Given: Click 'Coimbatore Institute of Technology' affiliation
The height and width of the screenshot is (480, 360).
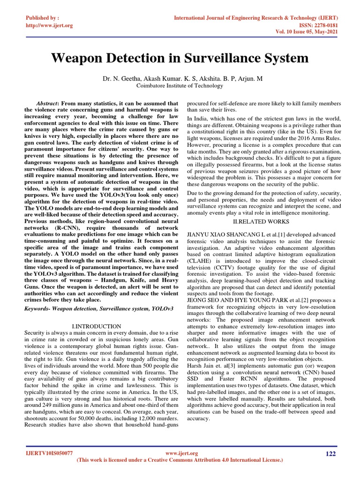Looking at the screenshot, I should click(180, 86).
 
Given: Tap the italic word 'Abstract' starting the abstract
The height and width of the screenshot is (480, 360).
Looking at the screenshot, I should click(47, 104).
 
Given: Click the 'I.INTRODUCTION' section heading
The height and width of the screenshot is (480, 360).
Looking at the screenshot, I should click(97, 326).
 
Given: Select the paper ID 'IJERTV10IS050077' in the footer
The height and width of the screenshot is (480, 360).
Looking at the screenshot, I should click(49, 453).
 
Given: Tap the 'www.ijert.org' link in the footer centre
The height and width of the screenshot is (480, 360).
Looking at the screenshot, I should click(182, 453).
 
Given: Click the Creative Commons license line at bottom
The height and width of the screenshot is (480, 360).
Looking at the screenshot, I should click(180, 460).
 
